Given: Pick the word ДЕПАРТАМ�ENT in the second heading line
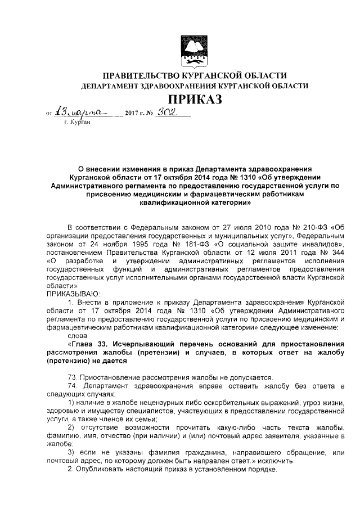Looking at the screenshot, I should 112,86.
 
